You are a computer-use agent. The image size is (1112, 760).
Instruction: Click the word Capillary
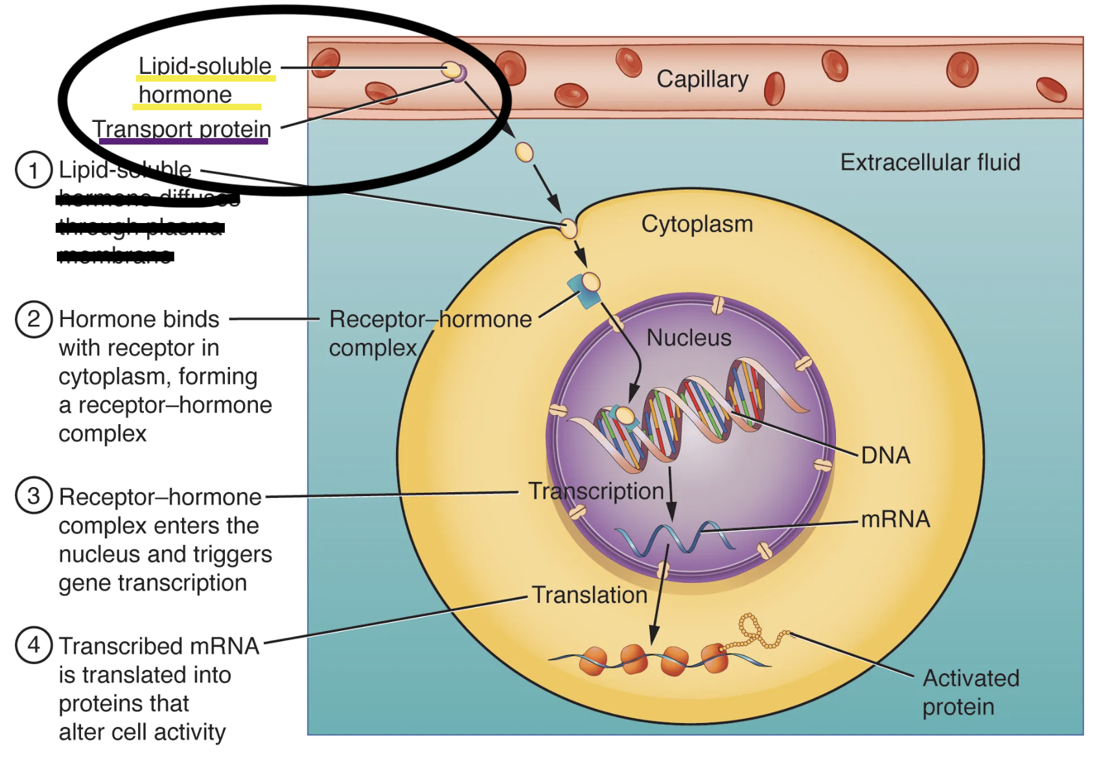[x=702, y=79]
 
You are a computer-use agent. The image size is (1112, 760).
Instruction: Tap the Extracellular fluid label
[x=930, y=162]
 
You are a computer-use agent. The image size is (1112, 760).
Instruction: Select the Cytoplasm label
[x=697, y=224]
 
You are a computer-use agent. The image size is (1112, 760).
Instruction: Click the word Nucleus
[x=689, y=338]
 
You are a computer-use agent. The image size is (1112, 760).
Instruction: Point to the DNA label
[x=885, y=455]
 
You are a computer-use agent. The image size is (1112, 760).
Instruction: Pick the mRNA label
[x=895, y=519]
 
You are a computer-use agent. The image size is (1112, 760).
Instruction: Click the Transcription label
[x=596, y=491]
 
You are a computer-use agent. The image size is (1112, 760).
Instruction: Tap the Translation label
[x=589, y=595]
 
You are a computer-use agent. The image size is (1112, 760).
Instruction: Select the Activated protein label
[x=970, y=692]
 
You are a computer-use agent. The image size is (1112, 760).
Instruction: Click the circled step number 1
[x=34, y=170]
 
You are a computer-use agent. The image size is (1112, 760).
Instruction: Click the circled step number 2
[x=34, y=319]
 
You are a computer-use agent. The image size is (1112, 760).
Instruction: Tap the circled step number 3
[x=34, y=496]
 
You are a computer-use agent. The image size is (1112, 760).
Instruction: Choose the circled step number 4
[x=34, y=645]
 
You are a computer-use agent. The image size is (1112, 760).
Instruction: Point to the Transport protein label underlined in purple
[x=181, y=129]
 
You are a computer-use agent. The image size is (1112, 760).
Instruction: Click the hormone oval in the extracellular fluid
[x=524, y=152]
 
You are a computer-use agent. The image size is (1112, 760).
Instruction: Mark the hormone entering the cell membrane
[x=568, y=228]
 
